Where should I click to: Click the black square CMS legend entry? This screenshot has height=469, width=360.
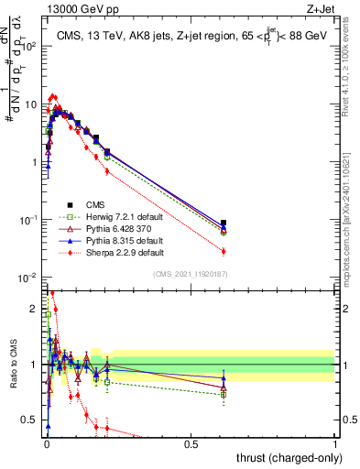(96, 204)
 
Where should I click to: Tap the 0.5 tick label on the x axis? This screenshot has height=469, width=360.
(191, 445)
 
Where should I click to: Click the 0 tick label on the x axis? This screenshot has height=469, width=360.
(47, 445)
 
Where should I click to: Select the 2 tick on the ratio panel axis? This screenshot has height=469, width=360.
(35, 309)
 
